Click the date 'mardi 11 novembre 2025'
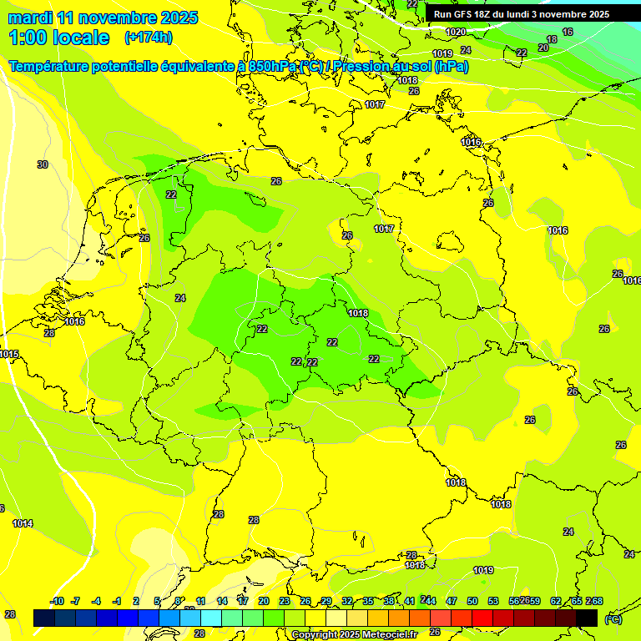(x=103, y=18)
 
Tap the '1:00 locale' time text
(x=58, y=38)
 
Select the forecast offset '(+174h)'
(x=148, y=38)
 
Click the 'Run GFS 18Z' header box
(x=522, y=14)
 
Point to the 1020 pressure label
(x=455, y=32)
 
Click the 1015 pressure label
(x=9, y=355)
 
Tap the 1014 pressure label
(x=23, y=523)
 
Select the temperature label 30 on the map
(x=43, y=164)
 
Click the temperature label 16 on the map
(x=568, y=32)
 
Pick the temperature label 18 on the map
(x=551, y=40)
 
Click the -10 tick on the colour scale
(x=57, y=601)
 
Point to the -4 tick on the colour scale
(x=96, y=601)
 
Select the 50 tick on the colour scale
(x=472, y=601)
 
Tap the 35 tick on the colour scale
(x=368, y=601)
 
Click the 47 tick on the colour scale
(x=452, y=601)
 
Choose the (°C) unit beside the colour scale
(x=613, y=618)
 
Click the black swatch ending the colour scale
(x=587, y=618)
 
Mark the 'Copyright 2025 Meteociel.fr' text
(x=354, y=634)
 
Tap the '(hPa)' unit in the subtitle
(x=451, y=66)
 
